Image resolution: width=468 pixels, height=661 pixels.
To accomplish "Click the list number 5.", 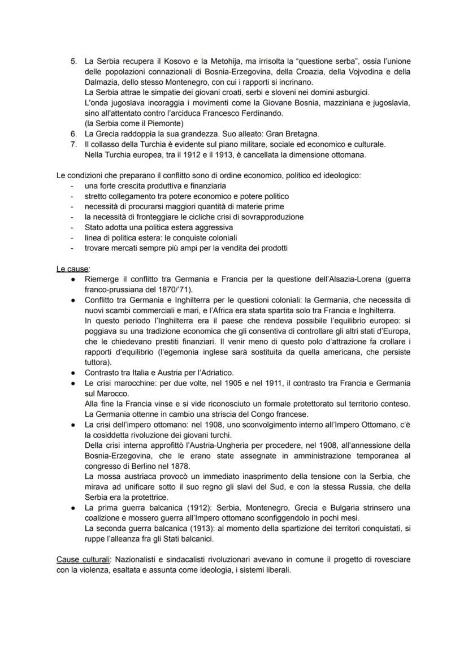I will (x=73, y=61).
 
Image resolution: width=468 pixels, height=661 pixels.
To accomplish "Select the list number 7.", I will (x=73, y=144).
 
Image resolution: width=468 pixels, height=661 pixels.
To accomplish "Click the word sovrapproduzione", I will (x=271, y=217).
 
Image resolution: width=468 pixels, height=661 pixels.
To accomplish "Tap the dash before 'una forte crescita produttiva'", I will (x=72, y=185).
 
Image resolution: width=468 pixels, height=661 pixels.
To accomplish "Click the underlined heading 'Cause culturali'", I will (x=84, y=559).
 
